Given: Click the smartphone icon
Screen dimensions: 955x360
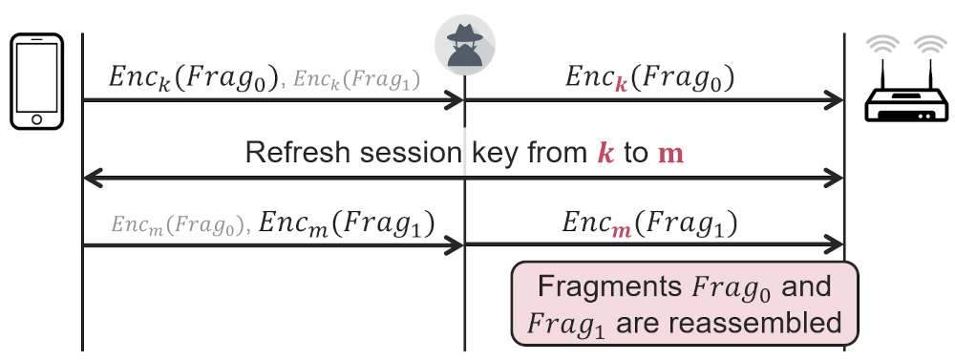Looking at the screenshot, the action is (x=37, y=81).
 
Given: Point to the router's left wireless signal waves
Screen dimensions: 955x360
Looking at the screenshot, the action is (x=882, y=46).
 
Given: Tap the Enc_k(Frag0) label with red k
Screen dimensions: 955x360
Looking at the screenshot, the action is (x=649, y=76).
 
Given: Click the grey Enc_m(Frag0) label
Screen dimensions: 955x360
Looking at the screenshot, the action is (x=179, y=225).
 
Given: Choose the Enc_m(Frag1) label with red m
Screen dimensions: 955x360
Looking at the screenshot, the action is (x=649, y=223).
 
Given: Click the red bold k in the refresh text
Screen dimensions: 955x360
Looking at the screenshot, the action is (x=605, y=153).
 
